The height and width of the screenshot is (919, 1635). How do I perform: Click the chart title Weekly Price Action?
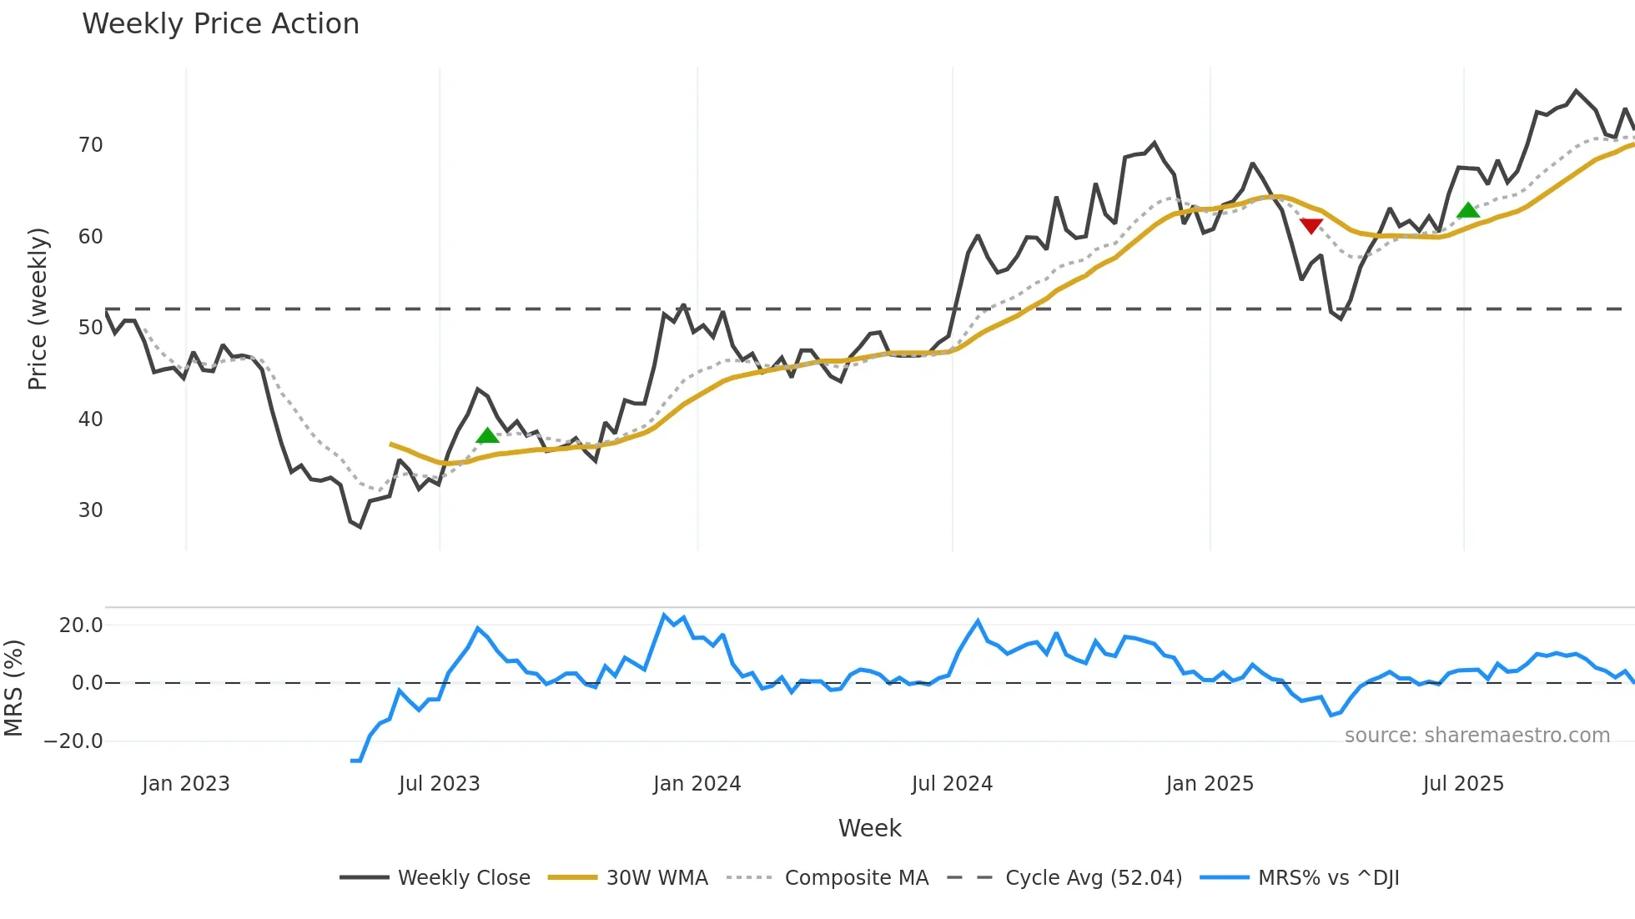click(x=220, y=24)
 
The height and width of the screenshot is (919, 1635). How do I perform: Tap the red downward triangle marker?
click(x=1311, y=226)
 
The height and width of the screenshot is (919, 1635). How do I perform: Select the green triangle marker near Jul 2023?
click(x=487, y=435)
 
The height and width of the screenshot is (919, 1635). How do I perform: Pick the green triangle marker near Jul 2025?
click(x=1468, y=210)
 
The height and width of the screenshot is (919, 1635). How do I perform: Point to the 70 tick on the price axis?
click(x=90, y=145)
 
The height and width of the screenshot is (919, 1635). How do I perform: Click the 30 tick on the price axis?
click(x=90, y=510)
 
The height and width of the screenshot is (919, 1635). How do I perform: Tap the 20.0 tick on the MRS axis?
click(x=81, y=625)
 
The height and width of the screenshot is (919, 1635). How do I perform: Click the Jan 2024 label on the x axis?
click(x=697, y=784)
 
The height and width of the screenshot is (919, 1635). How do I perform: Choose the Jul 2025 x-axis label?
click(x=1463, y=784)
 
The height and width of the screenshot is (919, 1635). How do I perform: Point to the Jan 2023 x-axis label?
click(x=185, y=784)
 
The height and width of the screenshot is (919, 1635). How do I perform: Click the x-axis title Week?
click(x=869, y=828)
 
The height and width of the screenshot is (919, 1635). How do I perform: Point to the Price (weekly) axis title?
click(x=38, y=309)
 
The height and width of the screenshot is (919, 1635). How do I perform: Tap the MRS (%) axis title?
click(x=13, y=688)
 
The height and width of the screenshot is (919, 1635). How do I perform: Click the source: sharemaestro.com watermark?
click(x=1477, y=736)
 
